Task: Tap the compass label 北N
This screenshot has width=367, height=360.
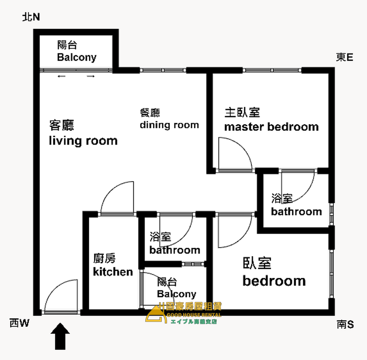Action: pyautogui.click(x=31, y=17)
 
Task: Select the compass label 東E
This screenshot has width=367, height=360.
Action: pyautogui.click(x=344, y=57)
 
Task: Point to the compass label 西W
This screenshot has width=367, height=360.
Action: pyautogui.click(x=19, y=323)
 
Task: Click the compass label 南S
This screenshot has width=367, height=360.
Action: pyautogui.click(x=345, y=325)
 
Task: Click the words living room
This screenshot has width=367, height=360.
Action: pyautogui.click(x=83, y=141)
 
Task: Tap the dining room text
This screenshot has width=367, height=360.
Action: pyautogui.click(x=169, y=125)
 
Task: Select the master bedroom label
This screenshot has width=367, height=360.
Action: pyautogui.click(x=272, y=127)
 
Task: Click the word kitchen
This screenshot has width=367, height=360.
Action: pyautogui.click(x=113, y=272)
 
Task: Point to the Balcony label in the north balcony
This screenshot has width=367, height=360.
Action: pyautogui.click(x=77, y=57)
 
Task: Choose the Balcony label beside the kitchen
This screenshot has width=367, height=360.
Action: pyautogui.click(x=176, y=294)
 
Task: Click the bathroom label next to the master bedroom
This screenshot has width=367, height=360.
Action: pyautogui.click(x=296, y=212)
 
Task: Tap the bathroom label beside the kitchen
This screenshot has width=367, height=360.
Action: pyautogui.click(x=175, y=250)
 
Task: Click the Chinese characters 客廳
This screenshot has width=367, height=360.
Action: pyautogui.click(x=62, y=125)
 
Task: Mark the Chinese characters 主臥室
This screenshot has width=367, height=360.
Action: pyautogui.click(x=242, y=113)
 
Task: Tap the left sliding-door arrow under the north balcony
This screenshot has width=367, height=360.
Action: pyautogui.click(x=62, y=76)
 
